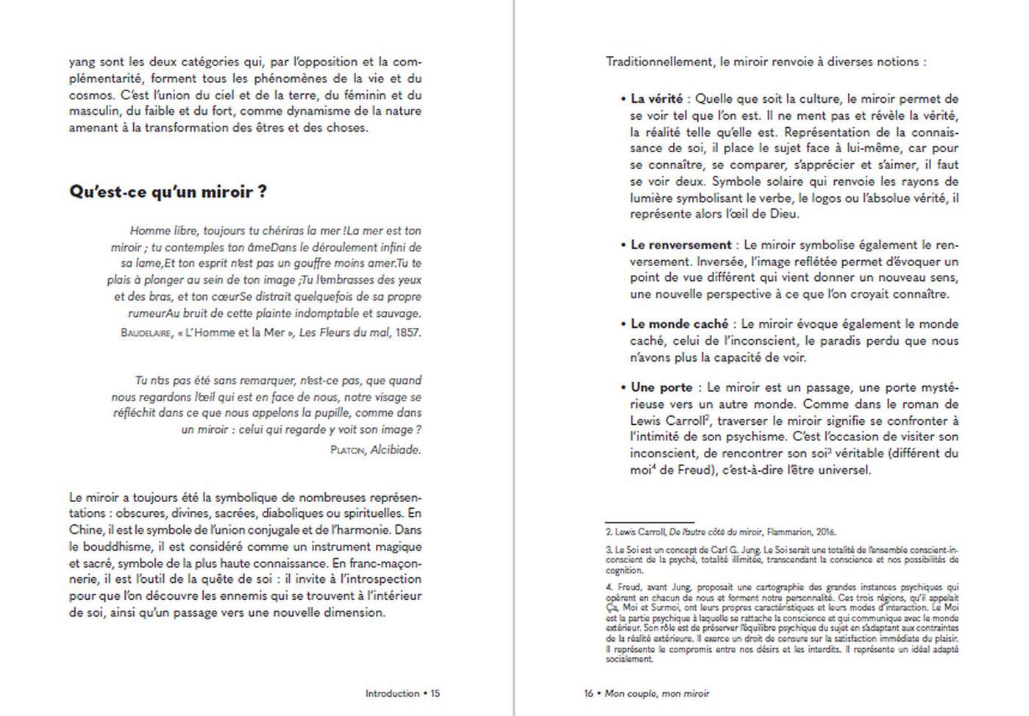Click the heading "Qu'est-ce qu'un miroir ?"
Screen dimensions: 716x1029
point(168,192)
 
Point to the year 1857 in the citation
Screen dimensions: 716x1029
point(408,332)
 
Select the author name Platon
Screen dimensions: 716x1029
point(347,450)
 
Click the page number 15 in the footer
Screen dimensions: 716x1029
point(435,693)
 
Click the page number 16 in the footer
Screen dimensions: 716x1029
point(588,693)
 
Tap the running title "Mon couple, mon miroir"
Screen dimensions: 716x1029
point(657,693)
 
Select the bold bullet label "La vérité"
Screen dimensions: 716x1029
point(656,99)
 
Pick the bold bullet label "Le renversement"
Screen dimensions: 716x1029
point(681,245)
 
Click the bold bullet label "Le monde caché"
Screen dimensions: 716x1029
point(679,324)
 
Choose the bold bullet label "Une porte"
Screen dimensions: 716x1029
point(661,387)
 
